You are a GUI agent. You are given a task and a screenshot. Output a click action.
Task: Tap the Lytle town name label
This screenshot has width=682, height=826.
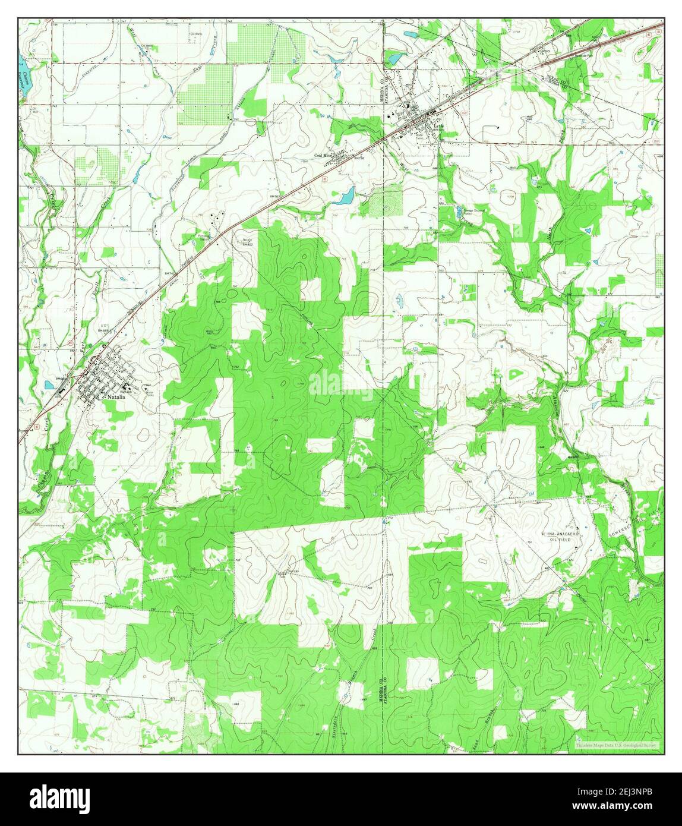[438, 127]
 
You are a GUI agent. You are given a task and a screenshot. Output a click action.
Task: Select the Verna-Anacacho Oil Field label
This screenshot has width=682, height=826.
[564, 537]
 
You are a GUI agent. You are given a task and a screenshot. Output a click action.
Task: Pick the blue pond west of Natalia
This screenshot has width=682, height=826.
[50, 384]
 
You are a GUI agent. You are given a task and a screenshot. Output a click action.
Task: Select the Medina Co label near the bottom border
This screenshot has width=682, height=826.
[380, 690]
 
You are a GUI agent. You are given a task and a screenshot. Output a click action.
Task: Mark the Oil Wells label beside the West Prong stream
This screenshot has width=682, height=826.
[147, 45]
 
